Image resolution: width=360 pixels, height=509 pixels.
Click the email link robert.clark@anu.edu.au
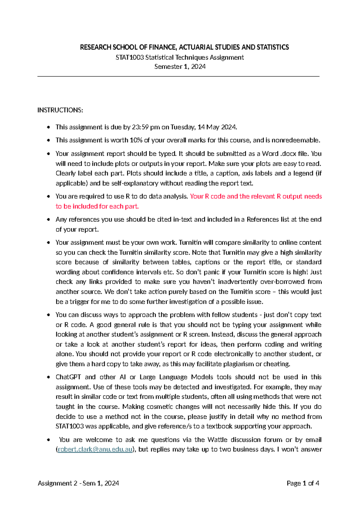[x=95, y=449]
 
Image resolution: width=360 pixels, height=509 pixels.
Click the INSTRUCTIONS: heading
[x=60, y=110]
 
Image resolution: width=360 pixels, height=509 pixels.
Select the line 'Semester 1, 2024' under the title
[x=180, y=67]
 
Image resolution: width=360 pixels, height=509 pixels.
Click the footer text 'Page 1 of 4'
[x=303, y=483]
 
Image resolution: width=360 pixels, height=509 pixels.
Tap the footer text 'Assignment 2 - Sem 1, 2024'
[x=78, y=483]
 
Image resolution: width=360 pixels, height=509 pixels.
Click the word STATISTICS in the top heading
[x=272, y=47]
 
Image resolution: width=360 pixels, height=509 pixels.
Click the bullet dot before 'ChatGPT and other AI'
[x=48, y=377]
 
